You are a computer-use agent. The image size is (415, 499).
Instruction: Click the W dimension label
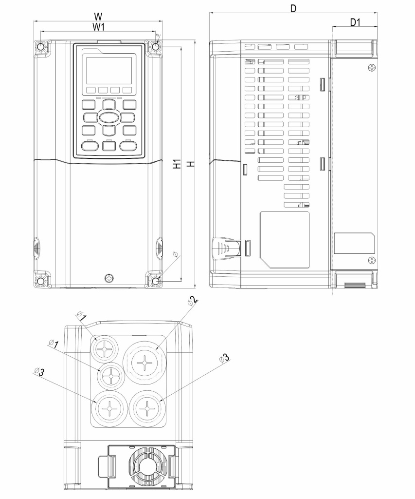pos(98,16)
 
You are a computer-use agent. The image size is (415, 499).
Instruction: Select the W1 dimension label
pos(98,27)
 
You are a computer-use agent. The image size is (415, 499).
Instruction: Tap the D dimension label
pos(293,9)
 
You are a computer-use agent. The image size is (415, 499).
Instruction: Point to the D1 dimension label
pos(355,22)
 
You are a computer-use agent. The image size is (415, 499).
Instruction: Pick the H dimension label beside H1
pos(191,164)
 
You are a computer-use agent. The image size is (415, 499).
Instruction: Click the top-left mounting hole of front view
pos(41,47)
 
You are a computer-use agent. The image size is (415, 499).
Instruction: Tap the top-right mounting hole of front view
pos(156,47)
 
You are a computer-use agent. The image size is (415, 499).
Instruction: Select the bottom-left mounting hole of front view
pos(41,281)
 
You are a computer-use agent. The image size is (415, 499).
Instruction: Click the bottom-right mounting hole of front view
pos(156,281)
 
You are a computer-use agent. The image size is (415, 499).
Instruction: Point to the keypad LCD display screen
pos(109,70)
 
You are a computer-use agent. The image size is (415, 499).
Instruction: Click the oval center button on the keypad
pos(108,118)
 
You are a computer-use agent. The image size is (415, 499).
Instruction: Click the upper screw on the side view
pos(372,67)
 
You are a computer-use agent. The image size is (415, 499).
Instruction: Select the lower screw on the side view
pos(372,260)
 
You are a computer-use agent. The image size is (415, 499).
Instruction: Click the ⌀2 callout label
pos(193,301)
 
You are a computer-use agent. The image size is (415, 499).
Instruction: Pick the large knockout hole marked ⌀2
pos(145,362)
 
